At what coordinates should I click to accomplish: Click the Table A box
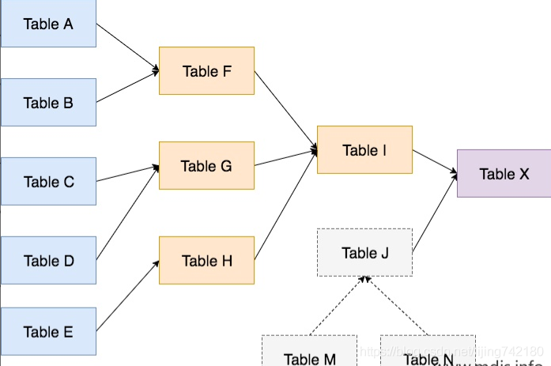click(x=48, y=24)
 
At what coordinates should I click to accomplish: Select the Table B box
click(x=48, y=102)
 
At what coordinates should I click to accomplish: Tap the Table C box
click(x=48, y=181)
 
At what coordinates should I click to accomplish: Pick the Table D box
click(x=48, y=260)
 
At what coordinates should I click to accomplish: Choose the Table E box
click(x=48, y=331)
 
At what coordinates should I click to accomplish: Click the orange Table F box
click(x=206, y=71)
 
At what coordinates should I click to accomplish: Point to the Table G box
click(x=206, y=165)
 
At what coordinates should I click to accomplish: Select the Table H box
click(x=206, y=260)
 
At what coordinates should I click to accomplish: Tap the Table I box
click(x=364, y=149)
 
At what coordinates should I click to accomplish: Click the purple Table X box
click(x=504, y=173)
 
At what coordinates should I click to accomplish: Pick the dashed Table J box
click(x=364, y=252)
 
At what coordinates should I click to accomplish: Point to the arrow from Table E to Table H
click(x=127, y=296)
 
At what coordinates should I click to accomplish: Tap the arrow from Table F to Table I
click(x=285, y=110)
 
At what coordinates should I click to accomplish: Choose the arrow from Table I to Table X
click(x=435, y=160)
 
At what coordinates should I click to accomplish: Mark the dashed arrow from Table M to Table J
click(x=338, y=305)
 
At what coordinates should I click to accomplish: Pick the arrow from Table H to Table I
click(x=285, y=204)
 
